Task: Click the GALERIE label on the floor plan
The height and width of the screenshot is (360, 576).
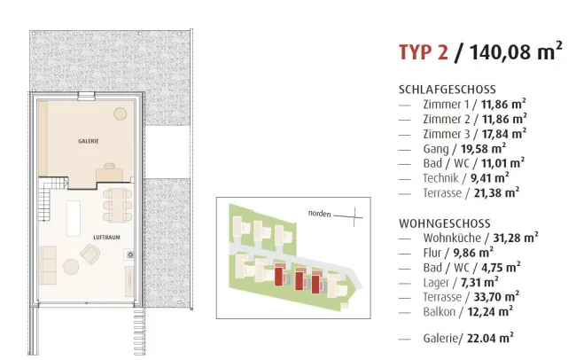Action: [88, 141]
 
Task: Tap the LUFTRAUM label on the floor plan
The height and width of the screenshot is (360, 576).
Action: [106, 237]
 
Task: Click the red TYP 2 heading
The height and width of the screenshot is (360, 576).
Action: [424, 51]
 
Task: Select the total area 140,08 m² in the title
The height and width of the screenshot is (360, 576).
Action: [516, 51]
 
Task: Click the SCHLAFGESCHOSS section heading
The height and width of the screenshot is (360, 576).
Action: [447, 90]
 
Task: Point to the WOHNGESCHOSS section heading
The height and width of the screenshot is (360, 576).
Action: [445, 223]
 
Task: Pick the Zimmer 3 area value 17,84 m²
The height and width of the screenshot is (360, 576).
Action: [504, 134]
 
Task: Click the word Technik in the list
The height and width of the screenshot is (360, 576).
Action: [440, 178]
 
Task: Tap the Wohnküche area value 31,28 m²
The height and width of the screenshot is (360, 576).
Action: [516, 238]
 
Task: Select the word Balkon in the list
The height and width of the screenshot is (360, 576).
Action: [439, 312]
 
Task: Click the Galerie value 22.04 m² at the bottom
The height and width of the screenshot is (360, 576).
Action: [490, 338]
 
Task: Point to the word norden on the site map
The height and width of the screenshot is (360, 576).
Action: [319, 214]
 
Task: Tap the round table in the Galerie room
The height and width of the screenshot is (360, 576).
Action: [121, 113]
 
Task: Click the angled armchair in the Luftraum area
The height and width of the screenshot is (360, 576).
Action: [90, 254]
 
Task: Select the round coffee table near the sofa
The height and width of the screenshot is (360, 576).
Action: [71, 267]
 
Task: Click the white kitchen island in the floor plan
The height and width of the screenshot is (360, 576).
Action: [74, 218]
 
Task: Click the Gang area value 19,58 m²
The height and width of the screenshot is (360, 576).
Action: [484, 149]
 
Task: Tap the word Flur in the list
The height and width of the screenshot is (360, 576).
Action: [432, 253]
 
